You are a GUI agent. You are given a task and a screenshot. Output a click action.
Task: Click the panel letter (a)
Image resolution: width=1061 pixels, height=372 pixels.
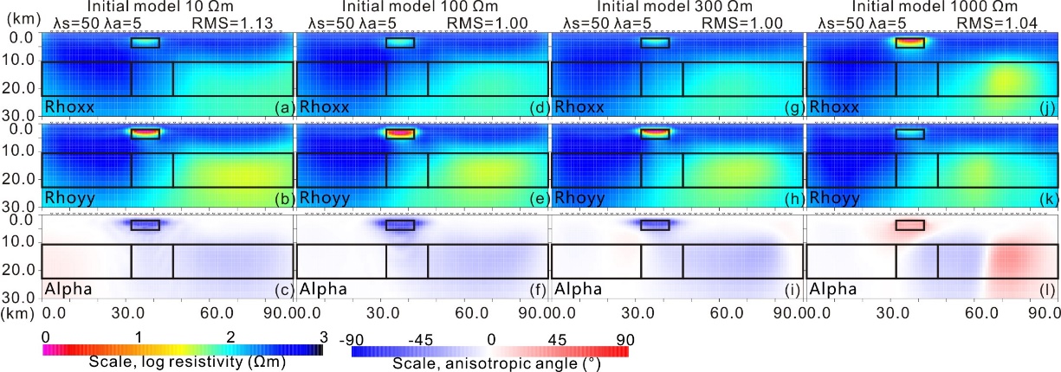(x=282, y=108)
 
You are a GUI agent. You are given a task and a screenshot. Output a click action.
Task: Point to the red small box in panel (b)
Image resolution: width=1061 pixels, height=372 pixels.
(x=145, y=134)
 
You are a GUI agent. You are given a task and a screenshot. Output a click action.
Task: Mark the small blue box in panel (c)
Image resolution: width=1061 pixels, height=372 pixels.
(x=145, y=225)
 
